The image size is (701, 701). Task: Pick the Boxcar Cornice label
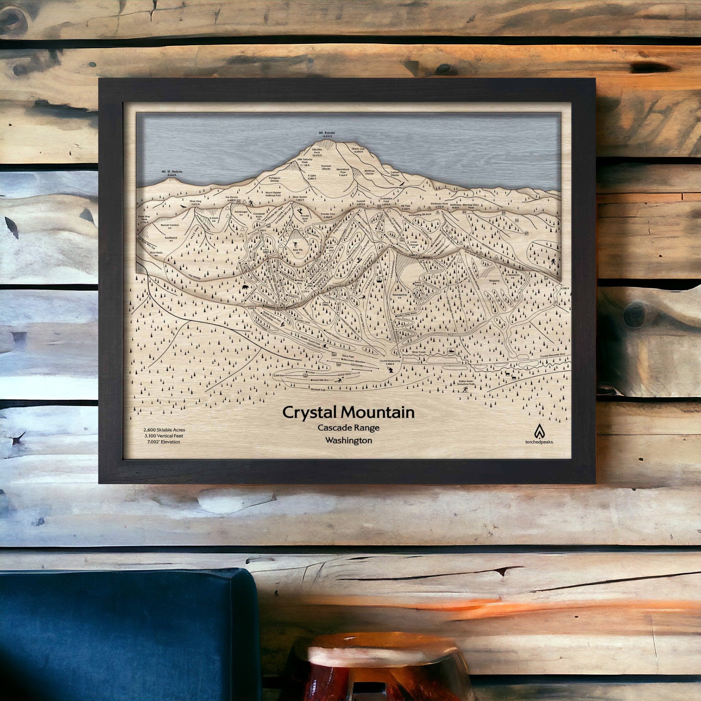coord(169,225)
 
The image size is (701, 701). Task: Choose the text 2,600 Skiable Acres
coord(164,430)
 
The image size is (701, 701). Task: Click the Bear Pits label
coord(298,250)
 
